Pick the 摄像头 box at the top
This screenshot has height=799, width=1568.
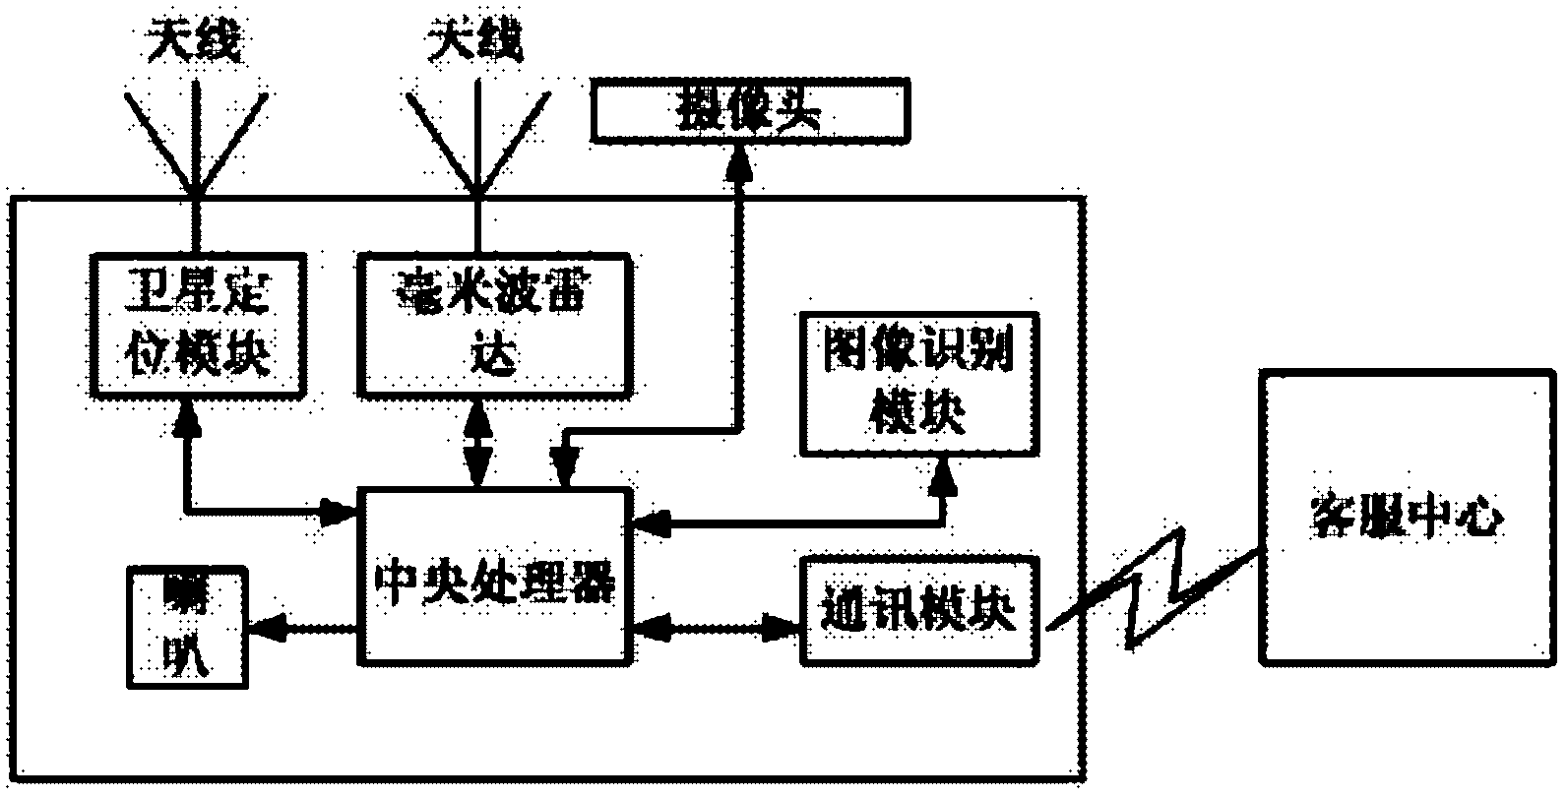[x=749, y=111]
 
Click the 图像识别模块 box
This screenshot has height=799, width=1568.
[x=919, y=384]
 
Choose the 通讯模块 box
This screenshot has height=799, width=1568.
[x=919, y=610]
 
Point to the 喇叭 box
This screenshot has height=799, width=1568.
[x=187, y=628]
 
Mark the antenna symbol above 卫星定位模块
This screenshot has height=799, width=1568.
[x=196, y=138]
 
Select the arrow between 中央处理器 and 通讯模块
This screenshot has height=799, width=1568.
[x=713, y=623]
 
